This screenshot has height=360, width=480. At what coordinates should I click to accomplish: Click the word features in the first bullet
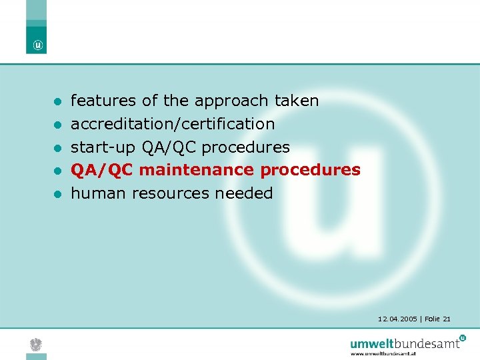[103, 101]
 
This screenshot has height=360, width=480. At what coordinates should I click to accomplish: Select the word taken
[297, 101]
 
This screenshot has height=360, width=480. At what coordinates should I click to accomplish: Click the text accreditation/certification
[173, 124]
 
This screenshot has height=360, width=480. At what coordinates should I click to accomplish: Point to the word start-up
[104, 147]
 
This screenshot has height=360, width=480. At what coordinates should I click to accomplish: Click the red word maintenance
[197, 170]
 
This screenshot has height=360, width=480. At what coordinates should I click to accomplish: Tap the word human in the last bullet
[99, 193]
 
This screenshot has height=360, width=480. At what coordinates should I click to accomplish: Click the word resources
[171, 193]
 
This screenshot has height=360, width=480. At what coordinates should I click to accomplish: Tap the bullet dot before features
[58, 102]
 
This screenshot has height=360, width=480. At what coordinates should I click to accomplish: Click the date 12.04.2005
[396, 319]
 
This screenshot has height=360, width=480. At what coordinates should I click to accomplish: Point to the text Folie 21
[437, 319]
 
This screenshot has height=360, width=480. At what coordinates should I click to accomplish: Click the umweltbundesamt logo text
[405, 343]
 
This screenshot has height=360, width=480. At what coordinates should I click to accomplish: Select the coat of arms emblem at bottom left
[37, 344]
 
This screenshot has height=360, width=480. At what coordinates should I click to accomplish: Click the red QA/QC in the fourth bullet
[103, 170]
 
